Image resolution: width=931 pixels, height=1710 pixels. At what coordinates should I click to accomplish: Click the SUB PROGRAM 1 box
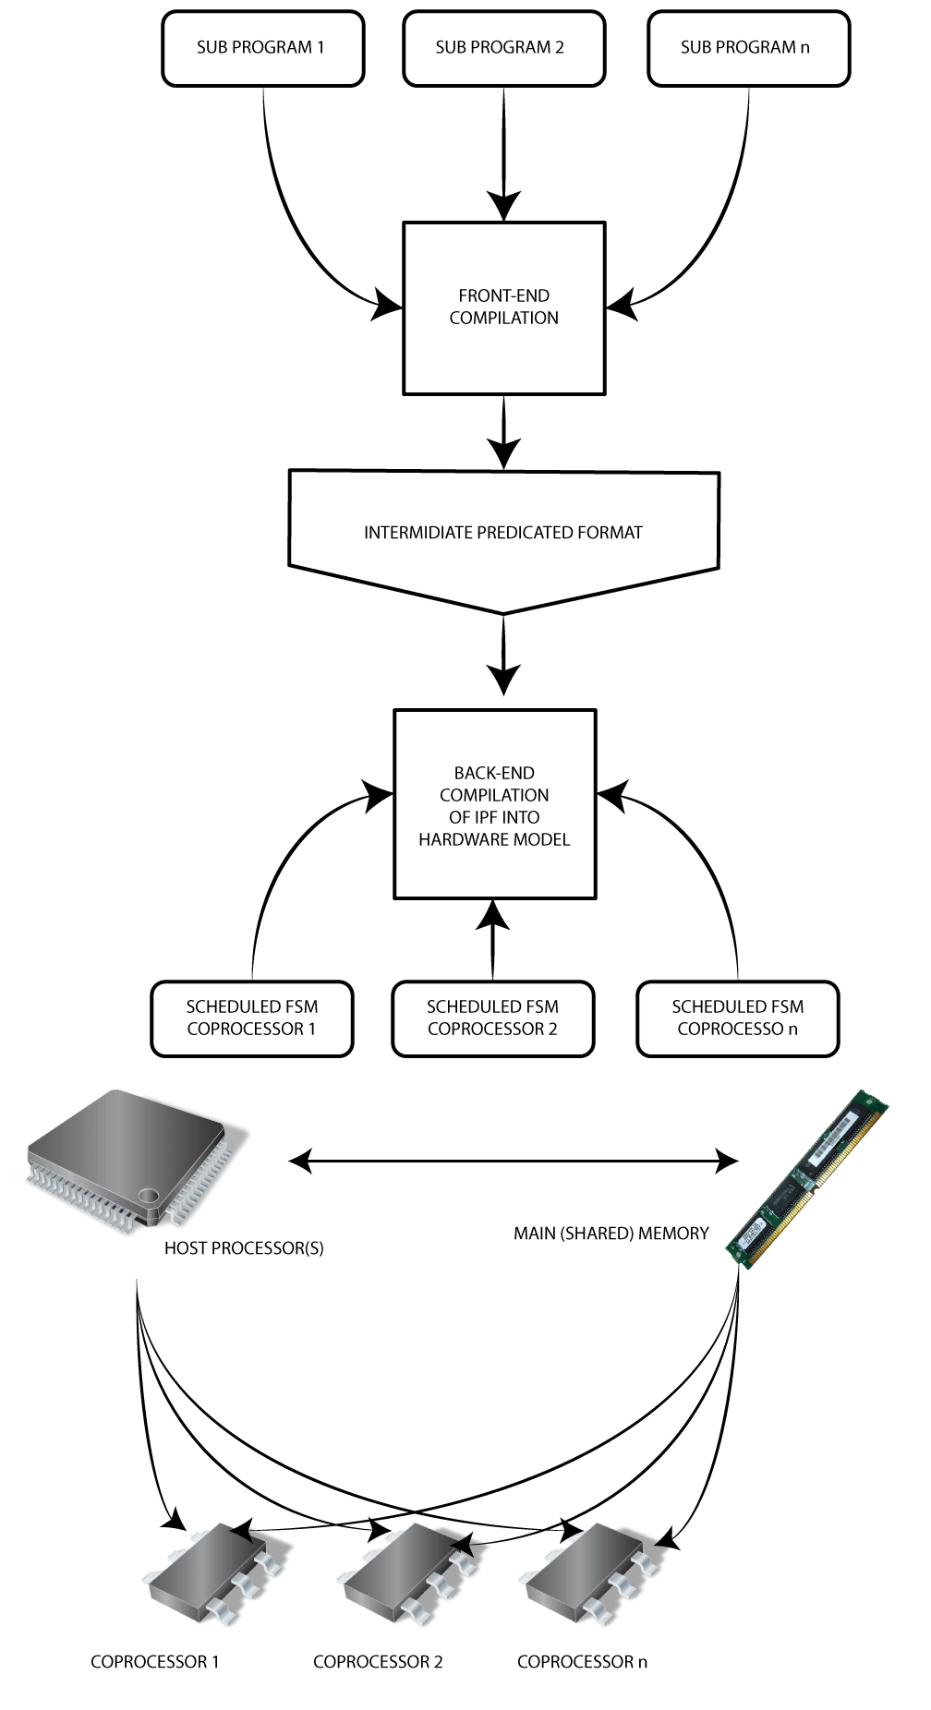[x=262, y=48]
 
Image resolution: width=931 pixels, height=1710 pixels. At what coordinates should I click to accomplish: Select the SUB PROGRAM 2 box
[x=503, y=48]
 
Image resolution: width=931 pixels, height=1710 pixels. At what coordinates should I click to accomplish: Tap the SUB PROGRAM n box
[x=748, y=48]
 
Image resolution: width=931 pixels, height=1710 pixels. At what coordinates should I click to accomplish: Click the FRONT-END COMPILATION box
[x=503, y=307]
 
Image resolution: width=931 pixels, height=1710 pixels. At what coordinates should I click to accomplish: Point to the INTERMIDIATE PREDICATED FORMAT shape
[x=503, y=533]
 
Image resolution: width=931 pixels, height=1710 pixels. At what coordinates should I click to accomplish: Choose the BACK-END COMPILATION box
[x=494, y=804]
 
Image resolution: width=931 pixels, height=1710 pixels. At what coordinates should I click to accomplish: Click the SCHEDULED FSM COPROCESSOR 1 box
[x=251, y=1018]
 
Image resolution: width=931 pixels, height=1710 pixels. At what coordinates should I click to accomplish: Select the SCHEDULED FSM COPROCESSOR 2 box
[x=492, y=1018]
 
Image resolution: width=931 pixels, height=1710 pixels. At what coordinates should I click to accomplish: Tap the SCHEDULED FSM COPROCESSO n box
[x=737, y=1018]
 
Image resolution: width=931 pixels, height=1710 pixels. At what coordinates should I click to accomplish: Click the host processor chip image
[x=129, y=1154]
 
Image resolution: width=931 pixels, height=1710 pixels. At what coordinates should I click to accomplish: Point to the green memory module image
[x=805, y=1179]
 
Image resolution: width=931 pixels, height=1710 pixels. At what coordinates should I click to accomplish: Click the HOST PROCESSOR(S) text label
[x=244, y=1248]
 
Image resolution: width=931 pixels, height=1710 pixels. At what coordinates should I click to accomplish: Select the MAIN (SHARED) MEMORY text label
[x=611, y=1234]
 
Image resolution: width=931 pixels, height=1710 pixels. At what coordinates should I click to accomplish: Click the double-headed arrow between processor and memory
[x=514, y=1161]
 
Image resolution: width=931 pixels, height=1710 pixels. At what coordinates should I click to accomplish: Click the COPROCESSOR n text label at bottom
[x=582, y=1662]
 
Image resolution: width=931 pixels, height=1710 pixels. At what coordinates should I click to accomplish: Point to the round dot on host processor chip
[x=148, y=1196]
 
